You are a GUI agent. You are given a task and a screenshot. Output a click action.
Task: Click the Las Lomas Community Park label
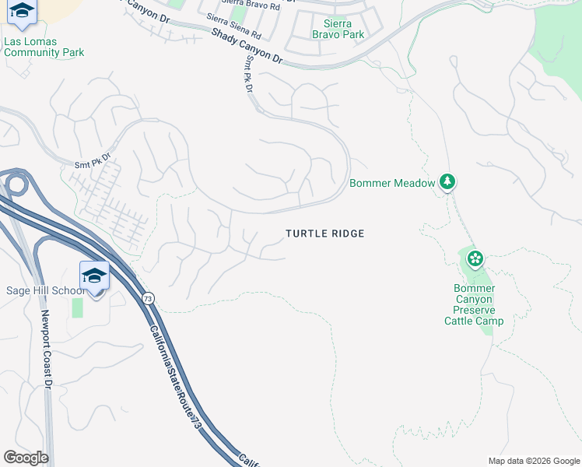point(44,47)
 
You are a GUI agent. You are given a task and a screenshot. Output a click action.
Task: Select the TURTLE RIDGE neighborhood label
point(324,233)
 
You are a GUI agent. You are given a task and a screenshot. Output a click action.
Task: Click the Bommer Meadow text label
point(392,184)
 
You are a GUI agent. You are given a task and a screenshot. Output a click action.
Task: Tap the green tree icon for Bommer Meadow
point(447,182)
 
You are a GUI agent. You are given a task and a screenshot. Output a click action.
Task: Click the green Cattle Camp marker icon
point(475,258)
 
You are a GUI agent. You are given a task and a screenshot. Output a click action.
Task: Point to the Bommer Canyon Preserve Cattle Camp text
point(474,304)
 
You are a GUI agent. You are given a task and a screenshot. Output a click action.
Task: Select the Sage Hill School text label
point(44,291)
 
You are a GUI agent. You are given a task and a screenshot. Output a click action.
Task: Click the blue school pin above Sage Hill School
point(94,277)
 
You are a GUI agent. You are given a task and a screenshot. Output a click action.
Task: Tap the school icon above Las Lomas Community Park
point(23,11)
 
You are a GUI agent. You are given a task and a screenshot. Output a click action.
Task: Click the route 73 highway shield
point(148,299)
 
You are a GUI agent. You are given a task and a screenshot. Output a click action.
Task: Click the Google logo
point(26,458)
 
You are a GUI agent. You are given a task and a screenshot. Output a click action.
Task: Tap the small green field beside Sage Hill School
point(77,307)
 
